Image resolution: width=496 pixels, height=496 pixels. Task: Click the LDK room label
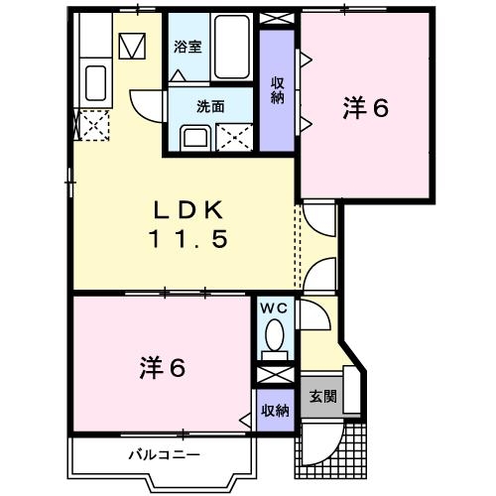click(x=190, y=209)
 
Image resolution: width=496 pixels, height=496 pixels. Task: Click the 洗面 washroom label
click(x=208, y=105)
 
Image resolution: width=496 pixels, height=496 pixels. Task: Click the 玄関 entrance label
click(x=321, y=397)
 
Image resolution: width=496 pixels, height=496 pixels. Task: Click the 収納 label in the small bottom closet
click(x=275, y=410)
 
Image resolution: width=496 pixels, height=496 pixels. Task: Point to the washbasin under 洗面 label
click(x=193, y=137)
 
